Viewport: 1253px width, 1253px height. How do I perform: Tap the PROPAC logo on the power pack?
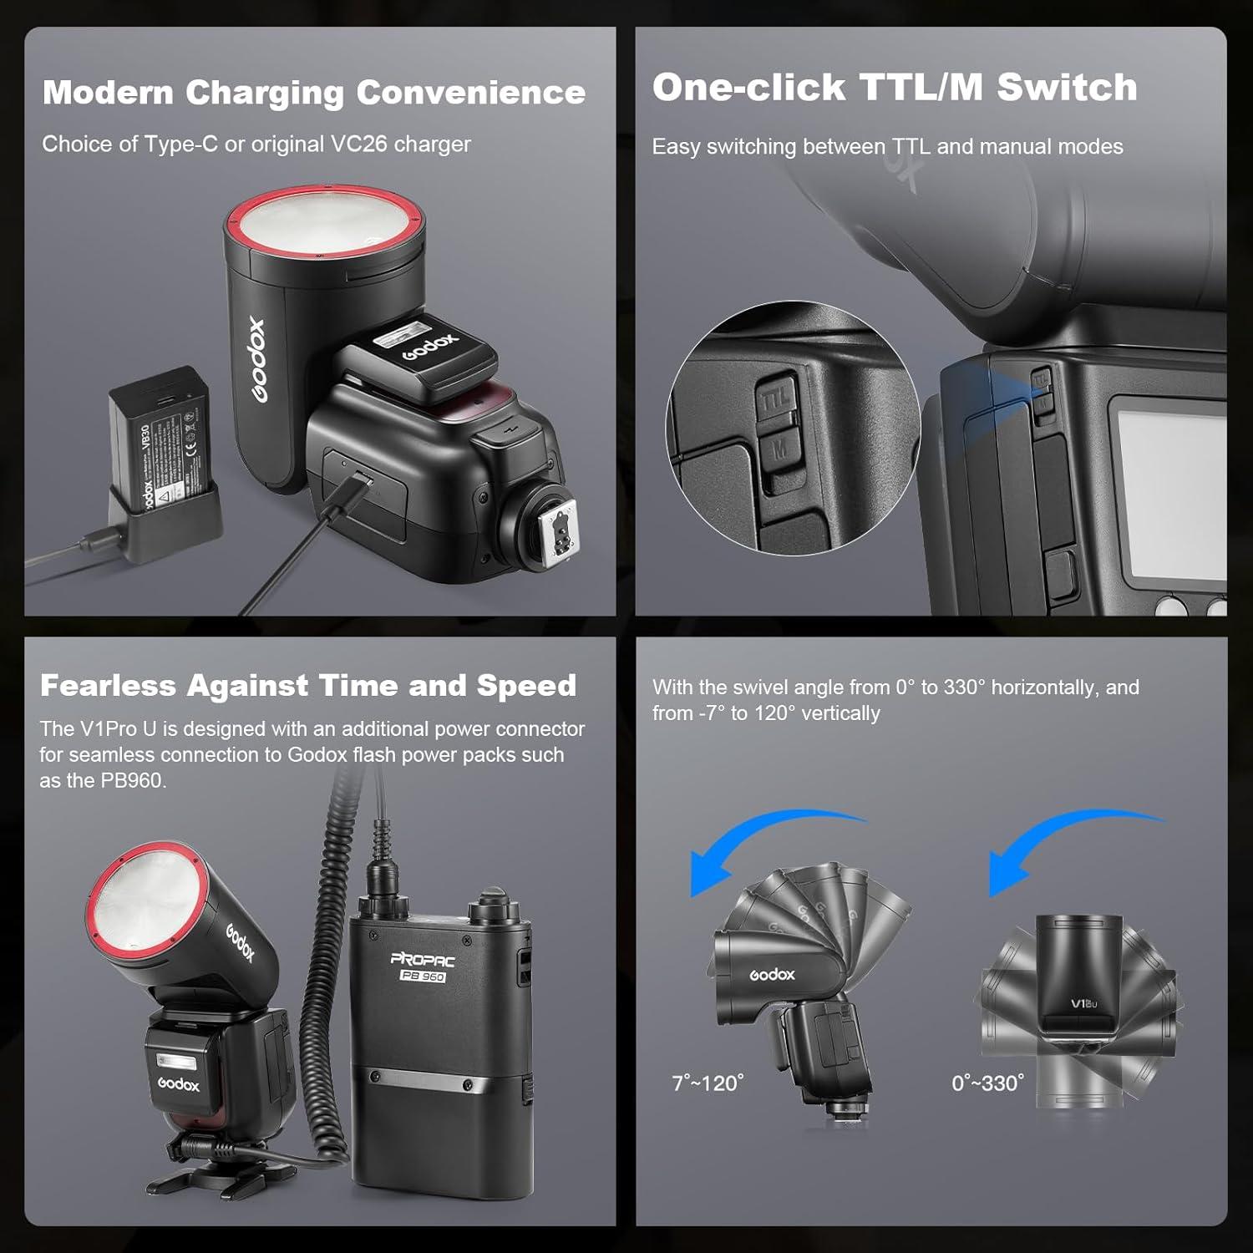[x=423, y=958]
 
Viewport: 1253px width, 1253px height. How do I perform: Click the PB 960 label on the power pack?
[x=423, y=976]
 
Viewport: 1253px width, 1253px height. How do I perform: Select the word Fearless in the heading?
[x=108, y=686]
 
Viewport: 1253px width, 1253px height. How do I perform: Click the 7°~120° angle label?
[x=708, y=1083]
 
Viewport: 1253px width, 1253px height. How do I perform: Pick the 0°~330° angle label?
[x=987, y=1083]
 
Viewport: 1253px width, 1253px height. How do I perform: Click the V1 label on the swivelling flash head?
[x=1083, y=1003]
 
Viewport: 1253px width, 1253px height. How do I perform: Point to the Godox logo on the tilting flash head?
[x=772, y=975]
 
